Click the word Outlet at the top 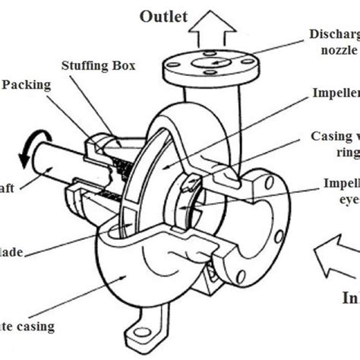tap(163, 17)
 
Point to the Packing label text tap(27, 85)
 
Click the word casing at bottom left tap(34, 327)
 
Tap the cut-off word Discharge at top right tap(334, 33)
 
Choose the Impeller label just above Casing tap(335, 94)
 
